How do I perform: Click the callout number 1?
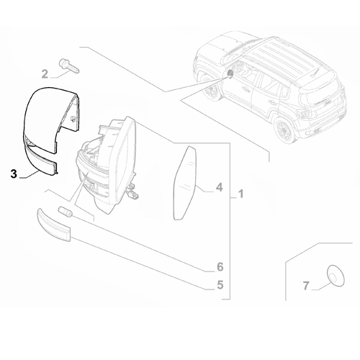point(241,194)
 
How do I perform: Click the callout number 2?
point(44,73)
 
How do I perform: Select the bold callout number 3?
point(13,174)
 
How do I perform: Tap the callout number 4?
point(220,189)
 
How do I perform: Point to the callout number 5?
point(220,285)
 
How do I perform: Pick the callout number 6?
point(220,267)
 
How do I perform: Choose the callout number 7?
point(305,286)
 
